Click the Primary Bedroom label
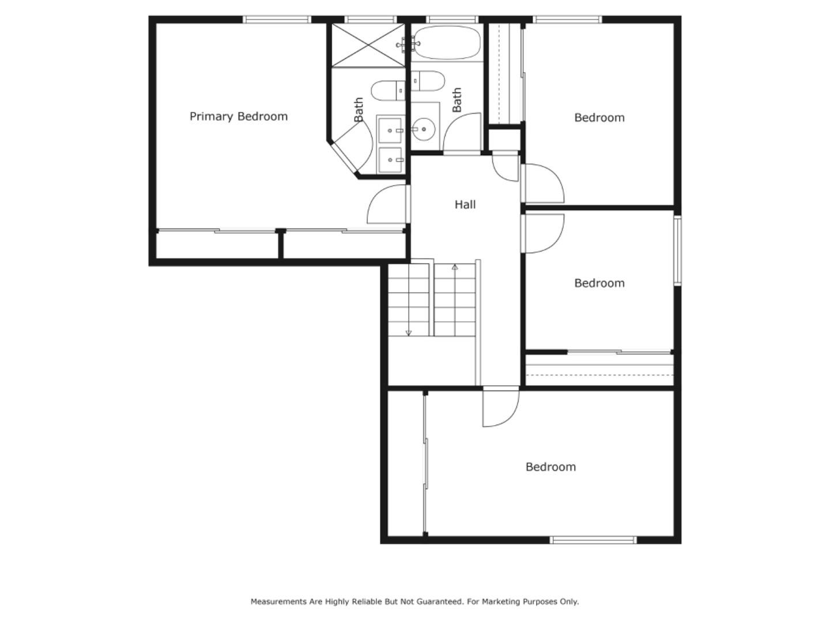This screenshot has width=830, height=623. click(238, 117)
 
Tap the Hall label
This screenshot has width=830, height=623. click(465, 204)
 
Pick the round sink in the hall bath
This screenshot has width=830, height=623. click(425, 129)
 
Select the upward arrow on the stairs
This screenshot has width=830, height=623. click(455, 268)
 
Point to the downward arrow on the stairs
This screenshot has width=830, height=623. click(409, 332)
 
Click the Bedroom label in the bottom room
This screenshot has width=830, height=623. click(550, 467)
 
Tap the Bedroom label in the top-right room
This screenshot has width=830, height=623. click(599, 118)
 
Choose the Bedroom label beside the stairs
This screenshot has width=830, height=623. click(599, 283)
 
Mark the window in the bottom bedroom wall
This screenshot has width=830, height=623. click(593, 540)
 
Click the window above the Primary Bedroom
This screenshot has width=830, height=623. click(277, 20)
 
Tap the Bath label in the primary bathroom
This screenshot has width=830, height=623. click(359, 109)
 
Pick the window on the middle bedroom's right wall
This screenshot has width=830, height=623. click(677, 250)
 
